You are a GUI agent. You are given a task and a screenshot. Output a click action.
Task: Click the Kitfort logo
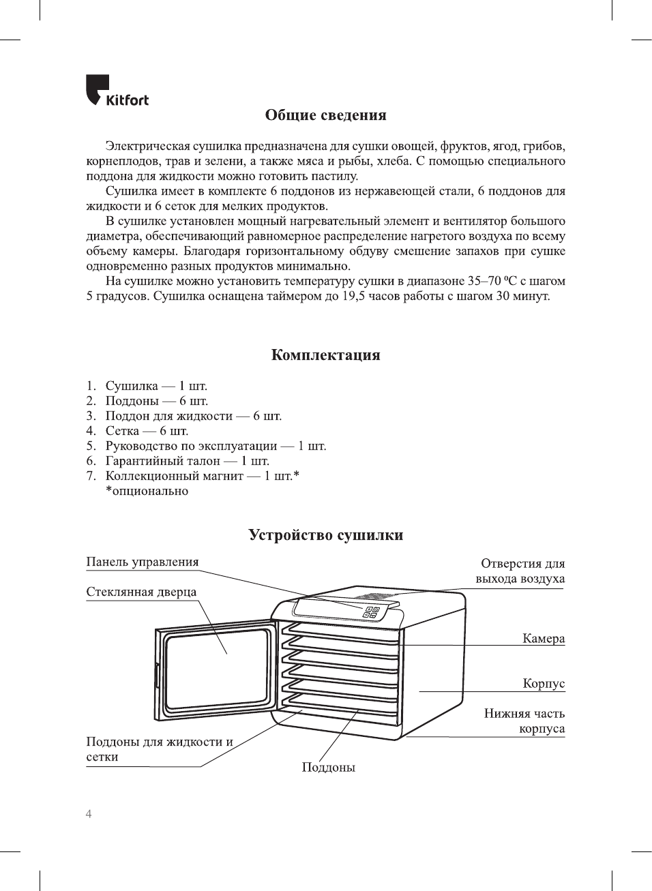(117, 91)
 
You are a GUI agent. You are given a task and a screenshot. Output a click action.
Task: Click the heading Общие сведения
(325, 115)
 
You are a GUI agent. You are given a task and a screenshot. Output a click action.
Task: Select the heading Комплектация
(325, 354)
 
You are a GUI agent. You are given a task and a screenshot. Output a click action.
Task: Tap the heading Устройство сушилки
(325, 535)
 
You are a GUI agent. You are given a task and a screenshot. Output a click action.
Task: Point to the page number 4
(89, 814)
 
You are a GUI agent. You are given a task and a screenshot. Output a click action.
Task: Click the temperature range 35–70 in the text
(484, 281)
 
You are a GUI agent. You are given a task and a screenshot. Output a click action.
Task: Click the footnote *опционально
(147, 491)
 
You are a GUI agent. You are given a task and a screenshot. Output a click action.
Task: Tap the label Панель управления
(143, 562)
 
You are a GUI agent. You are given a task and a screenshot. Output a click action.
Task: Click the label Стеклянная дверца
(141, 592)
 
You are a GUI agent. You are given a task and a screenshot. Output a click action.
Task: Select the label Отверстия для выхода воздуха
(522, 571)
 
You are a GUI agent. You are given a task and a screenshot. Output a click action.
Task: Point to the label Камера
(544, 639)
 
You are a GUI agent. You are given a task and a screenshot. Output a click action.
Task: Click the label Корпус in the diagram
(544, 684)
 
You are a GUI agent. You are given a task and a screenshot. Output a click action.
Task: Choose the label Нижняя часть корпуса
(525, 721)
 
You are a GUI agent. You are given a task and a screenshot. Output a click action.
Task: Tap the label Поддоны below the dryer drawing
(329, 768)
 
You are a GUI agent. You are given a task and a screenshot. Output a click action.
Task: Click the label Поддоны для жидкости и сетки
(159, 749)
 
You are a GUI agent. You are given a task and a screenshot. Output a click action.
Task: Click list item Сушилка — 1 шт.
(156, 386)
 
